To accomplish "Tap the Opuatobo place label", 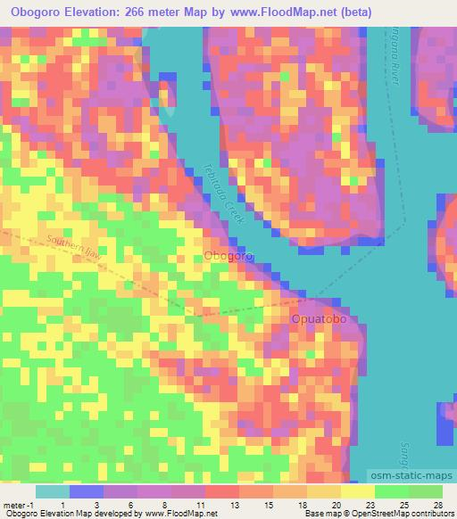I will coord(319,318).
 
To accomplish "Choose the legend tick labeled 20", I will coord(336,505).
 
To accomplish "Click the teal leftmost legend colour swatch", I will coord(53,491).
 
